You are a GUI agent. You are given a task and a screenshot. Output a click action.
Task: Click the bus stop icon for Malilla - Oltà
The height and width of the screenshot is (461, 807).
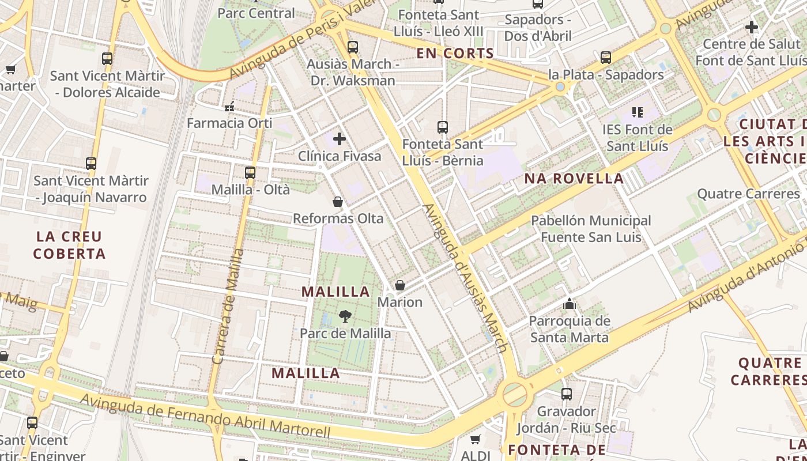point(250,172)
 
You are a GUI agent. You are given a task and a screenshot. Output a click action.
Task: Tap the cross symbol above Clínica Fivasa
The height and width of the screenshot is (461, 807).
point(340,139)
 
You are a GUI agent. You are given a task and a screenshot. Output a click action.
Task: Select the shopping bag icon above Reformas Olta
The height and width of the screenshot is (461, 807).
point(338,202)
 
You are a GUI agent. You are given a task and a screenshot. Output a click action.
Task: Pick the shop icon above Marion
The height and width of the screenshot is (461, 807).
point(399,285)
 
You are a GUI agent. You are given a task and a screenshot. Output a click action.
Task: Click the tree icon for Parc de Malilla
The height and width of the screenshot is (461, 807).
point(345,316)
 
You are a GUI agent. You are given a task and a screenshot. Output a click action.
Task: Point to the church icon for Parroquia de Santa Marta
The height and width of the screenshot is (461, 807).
point(570,303)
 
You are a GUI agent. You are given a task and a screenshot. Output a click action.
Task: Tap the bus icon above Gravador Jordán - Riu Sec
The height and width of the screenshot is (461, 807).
point(567,394)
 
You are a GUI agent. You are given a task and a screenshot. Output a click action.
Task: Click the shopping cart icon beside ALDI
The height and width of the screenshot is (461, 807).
point(475,440)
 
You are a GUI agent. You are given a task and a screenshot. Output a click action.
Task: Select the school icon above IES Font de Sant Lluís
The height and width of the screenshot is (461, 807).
point(637,112)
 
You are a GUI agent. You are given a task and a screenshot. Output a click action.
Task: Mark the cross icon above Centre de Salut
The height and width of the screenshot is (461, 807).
point(751,27)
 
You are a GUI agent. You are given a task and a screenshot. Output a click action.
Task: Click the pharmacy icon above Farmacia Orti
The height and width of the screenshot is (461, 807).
point(229,106)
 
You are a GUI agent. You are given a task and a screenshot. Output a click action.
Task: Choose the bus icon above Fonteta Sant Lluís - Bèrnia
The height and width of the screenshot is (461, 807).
point(442,127)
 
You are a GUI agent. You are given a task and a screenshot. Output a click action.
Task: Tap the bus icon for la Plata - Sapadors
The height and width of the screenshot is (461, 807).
point(605,58)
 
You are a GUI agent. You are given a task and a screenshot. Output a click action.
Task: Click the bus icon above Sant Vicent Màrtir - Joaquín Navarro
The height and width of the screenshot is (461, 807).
point(91,163)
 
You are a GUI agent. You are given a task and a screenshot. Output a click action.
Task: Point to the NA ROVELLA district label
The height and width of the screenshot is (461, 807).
point(574,179)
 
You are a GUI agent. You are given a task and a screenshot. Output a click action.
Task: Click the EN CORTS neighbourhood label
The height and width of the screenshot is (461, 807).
point(455,54)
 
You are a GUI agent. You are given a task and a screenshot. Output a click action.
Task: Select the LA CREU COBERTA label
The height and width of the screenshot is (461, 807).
point(69,245)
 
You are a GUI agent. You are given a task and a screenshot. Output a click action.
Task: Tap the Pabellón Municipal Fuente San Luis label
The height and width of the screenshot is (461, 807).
point(591,229)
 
